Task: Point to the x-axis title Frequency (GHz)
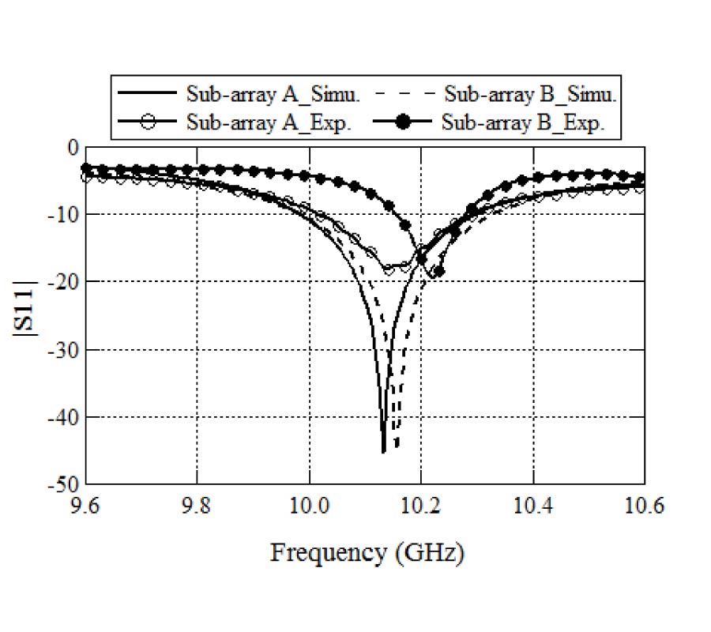(x=367, y=552)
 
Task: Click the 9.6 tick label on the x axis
(x=86, y=503)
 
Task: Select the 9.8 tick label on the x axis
(x=197, y=503)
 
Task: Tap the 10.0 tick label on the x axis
(x=309, y=503)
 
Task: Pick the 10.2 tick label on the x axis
(x=421, y=503)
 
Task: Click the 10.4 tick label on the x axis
(x=533, y=503)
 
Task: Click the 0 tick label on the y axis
(x=73, y=147)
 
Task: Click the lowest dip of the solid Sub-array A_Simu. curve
(x=383, y=451)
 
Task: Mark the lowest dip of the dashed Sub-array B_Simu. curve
(x=397, y=448)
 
